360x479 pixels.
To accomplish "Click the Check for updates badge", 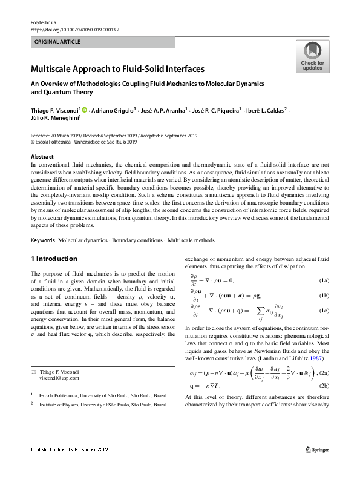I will [312, 56].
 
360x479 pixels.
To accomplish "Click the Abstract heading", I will [41, 156].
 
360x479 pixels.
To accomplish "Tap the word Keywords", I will [42, 240].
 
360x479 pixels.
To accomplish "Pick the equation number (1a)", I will [323, 280].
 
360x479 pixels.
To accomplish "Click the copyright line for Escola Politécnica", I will [75, 143].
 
